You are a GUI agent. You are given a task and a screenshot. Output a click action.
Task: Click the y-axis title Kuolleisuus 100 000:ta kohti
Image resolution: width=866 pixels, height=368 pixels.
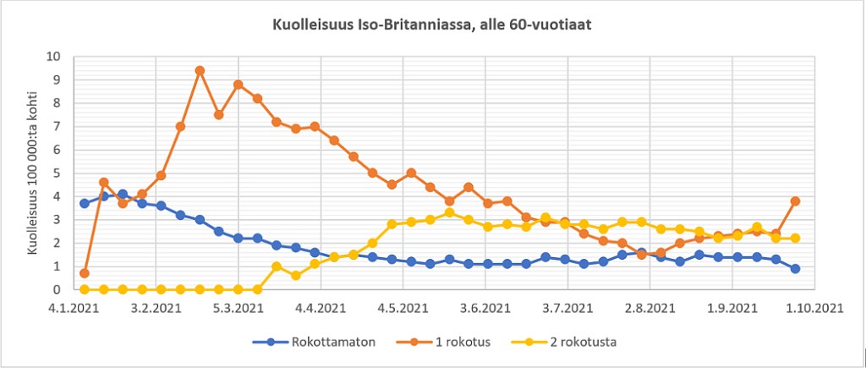tap(34, 173)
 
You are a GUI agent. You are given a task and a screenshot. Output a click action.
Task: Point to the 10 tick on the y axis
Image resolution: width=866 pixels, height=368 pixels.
tap(55, 57)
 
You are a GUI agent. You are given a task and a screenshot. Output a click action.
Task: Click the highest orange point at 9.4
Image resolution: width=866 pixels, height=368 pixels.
tap(200, 71)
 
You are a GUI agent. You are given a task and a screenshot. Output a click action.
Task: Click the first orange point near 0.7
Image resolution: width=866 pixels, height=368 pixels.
tap(85, 273)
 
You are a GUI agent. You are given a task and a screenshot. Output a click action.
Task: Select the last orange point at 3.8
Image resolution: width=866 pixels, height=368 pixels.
tap(795, 201)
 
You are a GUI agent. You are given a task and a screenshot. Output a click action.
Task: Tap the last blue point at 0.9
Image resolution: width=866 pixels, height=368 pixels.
tap(795, 268)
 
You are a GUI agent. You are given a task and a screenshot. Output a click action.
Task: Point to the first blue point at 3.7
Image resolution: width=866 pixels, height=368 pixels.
tap(85, 203)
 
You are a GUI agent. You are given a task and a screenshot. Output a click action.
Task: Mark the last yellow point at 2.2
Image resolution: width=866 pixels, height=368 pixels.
tap(795, 239)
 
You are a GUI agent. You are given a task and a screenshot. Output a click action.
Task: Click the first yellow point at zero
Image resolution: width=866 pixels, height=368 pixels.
tap(85, 289)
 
